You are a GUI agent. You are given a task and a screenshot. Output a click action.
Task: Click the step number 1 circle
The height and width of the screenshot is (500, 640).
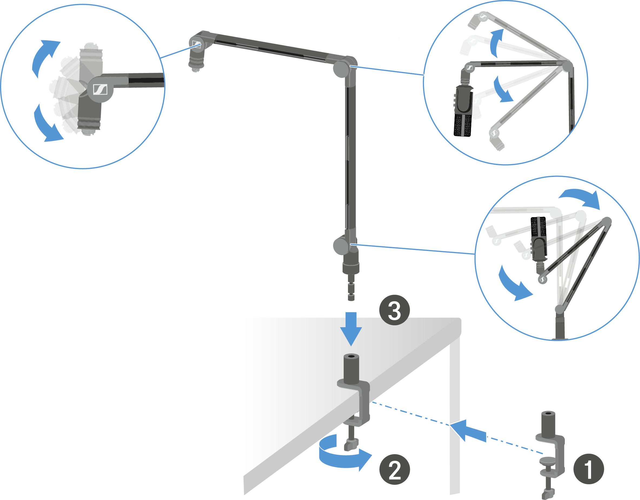click(588, 469)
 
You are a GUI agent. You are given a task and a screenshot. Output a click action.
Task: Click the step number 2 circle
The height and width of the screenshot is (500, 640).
click(394, 469)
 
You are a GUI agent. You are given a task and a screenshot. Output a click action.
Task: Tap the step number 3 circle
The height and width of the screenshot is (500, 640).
click(394, 310)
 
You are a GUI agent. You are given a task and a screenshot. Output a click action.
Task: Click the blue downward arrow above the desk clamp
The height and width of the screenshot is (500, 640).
click(351, 329)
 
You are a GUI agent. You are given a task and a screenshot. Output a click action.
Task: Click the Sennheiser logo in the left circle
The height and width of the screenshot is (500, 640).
click(100, 90)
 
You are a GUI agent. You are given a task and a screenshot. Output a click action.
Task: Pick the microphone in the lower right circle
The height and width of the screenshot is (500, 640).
click(539, 239)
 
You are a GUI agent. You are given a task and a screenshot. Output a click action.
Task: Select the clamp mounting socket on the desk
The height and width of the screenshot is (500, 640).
click(351, 369)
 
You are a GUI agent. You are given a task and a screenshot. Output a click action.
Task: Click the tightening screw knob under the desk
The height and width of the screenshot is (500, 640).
click(351, 444)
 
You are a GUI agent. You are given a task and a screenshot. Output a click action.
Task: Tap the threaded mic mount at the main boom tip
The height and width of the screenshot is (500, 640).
click(196, 63)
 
